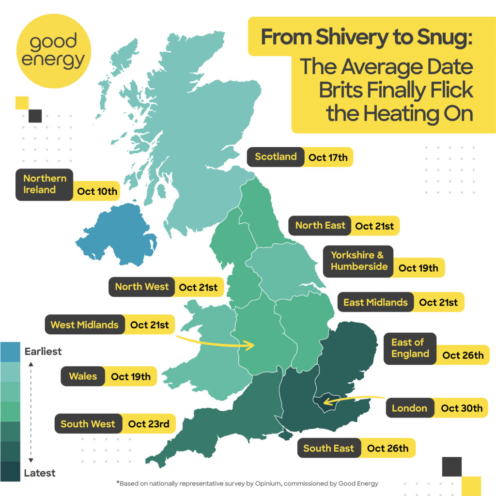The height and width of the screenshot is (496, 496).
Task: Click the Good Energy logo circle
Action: (53, 51)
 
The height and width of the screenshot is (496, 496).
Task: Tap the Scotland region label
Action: (276, 157)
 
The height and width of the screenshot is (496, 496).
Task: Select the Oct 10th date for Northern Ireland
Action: (97, 191)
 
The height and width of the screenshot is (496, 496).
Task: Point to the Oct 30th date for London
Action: (462, 408)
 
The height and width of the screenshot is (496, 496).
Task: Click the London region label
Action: (409, 408)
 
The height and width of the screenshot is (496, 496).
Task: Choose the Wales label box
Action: (83, 376)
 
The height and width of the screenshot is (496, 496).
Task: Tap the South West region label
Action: (88, 424)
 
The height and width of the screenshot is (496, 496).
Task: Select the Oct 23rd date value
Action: (149, 424)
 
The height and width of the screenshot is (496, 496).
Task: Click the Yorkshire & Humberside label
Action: (359, 261)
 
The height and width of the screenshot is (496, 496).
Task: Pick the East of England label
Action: (410, 348)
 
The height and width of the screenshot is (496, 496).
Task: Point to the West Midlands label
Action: (84, 325)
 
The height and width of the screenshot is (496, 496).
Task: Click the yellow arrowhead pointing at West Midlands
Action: (251, 345)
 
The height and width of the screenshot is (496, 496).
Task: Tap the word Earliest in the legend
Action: (43, 351)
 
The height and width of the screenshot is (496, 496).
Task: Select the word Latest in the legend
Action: (40, 473)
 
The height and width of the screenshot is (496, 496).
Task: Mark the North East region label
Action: (320, 225)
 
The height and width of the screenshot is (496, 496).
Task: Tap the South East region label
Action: (328, 448)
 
